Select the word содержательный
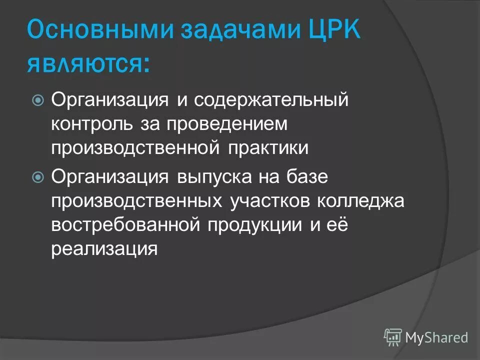coord(270,100)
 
